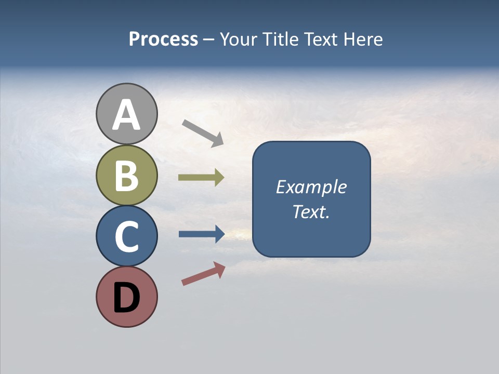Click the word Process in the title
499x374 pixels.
[163, 39]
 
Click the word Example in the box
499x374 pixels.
[311, 187]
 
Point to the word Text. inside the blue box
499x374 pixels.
[311, 212]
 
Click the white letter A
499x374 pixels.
[126, 114]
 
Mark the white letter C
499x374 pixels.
[126, 237]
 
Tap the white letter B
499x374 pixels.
[126, 176]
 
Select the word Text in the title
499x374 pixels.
[321, 39]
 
